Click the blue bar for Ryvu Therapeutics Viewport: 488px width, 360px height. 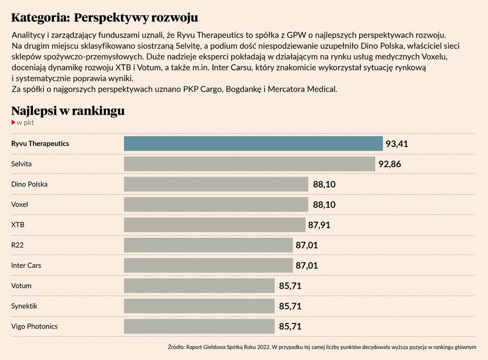[253, 144]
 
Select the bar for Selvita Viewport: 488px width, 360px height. [249, 164]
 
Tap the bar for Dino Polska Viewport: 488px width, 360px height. [216, 184]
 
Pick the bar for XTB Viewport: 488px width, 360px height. [215, 225]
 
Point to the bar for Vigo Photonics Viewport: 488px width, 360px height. [199, 326]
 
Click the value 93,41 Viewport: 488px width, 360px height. [397, 144]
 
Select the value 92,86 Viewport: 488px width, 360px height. [390, 164]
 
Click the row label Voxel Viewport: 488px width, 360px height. [19, 205]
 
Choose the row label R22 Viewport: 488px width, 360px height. [17, 245]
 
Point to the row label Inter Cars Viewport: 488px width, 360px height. [26, 265]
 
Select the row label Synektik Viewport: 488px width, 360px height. [24, 306]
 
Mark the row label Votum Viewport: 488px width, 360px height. [21, 286]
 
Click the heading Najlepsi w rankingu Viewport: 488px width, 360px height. [68, 111]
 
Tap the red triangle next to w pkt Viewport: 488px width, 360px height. [14, 122]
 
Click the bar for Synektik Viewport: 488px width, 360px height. [199, 306]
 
